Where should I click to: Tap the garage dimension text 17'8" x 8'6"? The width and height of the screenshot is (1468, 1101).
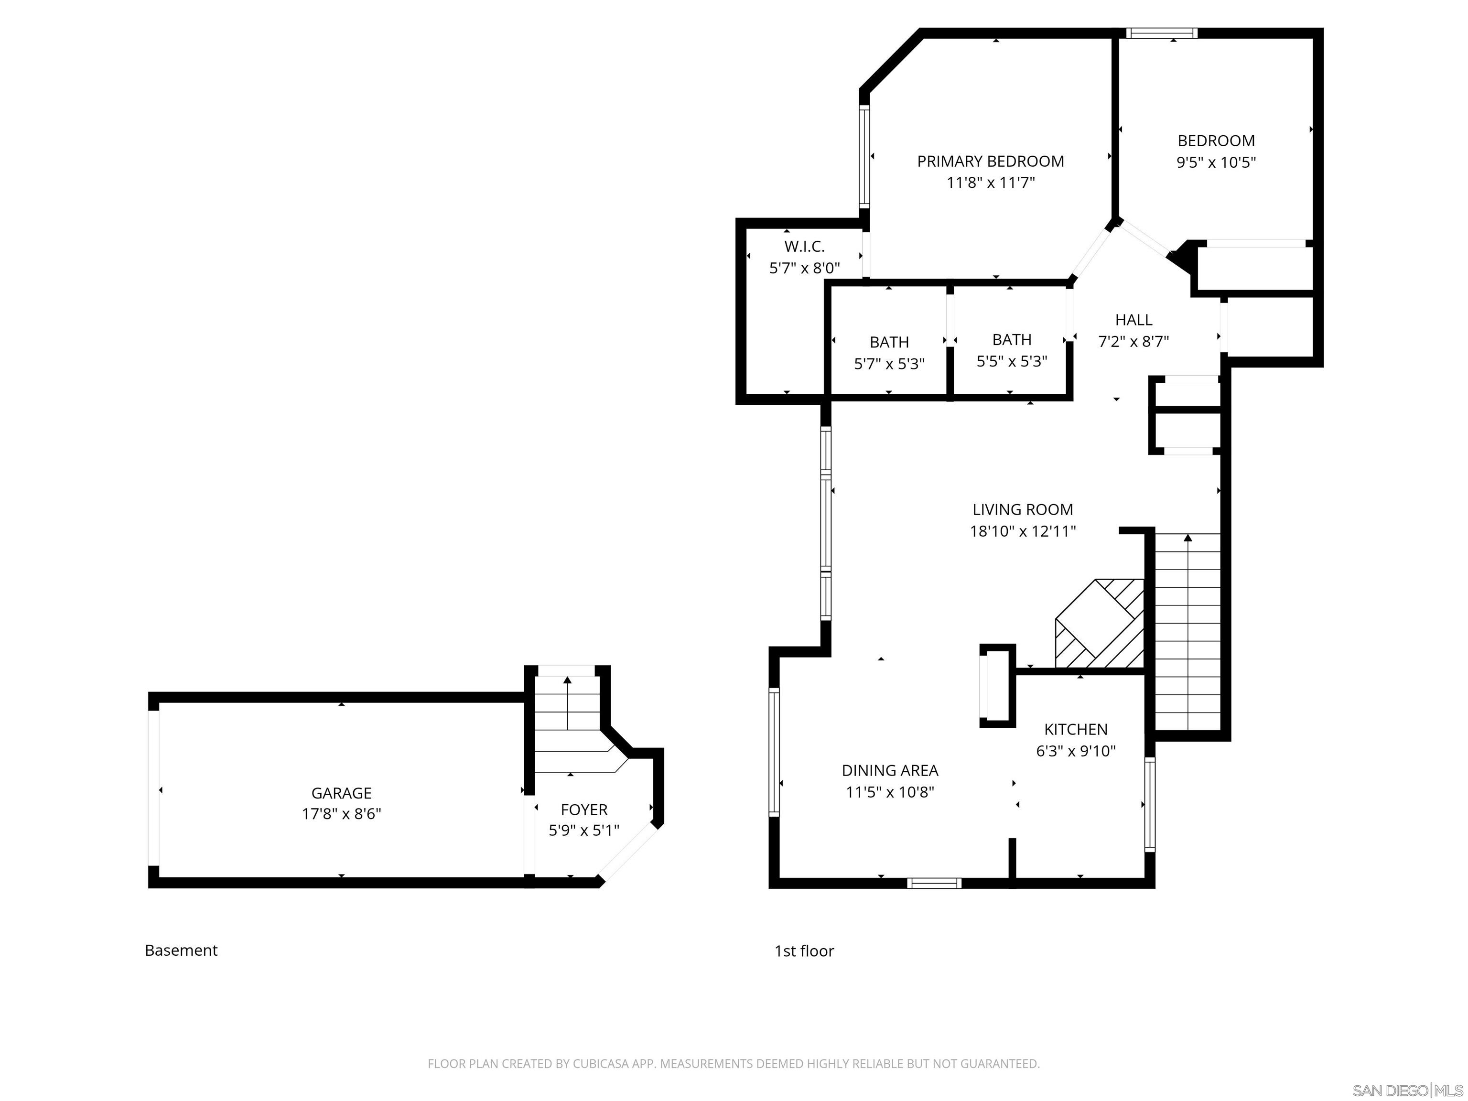[x=341, y=814]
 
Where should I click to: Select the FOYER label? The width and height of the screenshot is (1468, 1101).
[x=583, y=809]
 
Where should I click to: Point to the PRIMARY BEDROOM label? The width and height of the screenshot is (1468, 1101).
[x=990, y=161]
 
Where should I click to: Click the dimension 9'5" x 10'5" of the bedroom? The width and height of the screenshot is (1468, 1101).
[x=1216, y=162]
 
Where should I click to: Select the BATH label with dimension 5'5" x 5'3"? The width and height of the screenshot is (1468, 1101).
[x=1012, y=339]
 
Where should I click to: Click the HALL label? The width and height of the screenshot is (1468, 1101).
[x=1133, y=320]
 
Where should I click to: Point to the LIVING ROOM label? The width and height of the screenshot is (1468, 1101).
[x=1022, y=510]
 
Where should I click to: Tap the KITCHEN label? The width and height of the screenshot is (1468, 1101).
[x=1075, y=729]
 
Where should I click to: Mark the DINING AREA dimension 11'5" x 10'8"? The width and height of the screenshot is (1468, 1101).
[x=889, y=792]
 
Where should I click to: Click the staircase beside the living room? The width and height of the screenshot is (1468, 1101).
[x=1187, y=630]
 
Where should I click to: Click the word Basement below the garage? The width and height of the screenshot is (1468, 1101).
[x=181, y=950]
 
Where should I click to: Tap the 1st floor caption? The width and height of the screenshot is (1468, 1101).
[x=804, y=951]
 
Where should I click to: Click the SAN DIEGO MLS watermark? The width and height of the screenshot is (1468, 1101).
[x=1407, y=1090]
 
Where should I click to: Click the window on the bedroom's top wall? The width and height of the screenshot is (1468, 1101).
[x=1161, y=33]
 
